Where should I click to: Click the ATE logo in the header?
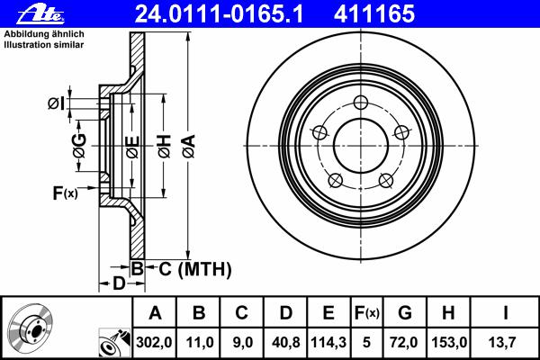[x=40, y=15]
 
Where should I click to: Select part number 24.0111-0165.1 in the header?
[x=219, y=14]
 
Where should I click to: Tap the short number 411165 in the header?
[x=374, y=14]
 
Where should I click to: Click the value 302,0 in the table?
[x=154, y=342]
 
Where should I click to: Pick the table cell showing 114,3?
[x=328, y=342]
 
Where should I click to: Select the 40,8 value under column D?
[x=285, y=342]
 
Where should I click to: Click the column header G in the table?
[x=405, y=313]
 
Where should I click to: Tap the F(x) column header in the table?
[x=366, y=313]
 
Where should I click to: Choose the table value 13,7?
[x=502, y=342]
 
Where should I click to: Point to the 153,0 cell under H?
[x=449, y=342]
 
